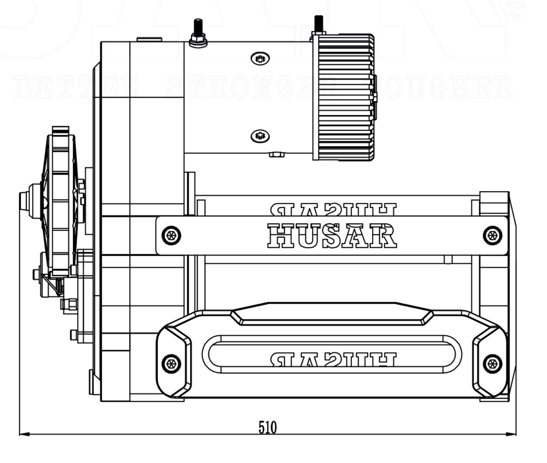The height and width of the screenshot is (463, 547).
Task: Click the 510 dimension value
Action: coord(268,427)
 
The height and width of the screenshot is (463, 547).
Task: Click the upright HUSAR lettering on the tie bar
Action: coord(332,236)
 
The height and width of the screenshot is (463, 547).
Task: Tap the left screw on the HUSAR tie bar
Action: coord(171,236)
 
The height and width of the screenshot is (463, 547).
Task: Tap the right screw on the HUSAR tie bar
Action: coord(492,236)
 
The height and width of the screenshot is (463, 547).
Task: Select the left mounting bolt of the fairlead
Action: coord(171,363)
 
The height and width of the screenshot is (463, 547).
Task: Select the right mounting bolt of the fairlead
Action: coord(492,363)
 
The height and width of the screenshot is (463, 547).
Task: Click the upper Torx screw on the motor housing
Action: coord(260,59)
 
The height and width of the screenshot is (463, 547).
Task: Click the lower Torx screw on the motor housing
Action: coord(260,136)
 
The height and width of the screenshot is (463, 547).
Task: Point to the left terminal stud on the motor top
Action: coord(197,32)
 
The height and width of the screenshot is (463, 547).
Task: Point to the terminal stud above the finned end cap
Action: coord(318,24)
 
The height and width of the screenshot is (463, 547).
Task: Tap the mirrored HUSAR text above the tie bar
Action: coord(333,209)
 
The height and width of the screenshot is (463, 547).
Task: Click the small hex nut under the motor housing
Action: coord(277,154)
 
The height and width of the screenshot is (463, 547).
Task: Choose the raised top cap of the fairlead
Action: coord(332,314)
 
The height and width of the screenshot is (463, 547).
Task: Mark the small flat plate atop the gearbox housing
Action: coord(149,39)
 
